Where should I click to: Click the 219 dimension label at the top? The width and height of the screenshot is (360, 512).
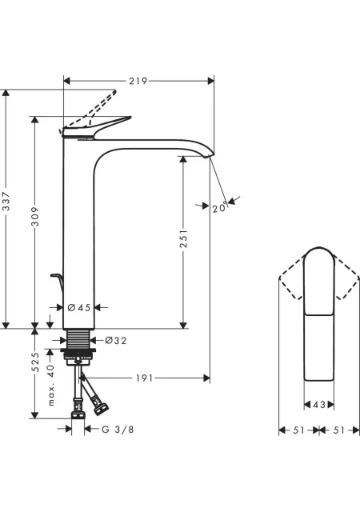click(138, 81)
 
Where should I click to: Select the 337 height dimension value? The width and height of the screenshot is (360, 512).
click(6, 202)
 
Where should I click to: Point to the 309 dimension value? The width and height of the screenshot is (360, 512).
click(35, 216)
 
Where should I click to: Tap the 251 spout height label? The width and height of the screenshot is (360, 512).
click(184, 238)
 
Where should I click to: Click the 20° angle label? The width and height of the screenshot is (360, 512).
click(219, 207)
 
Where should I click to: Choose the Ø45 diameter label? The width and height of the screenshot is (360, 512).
click(78, 307)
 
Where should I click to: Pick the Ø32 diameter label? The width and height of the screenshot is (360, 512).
click(116, 341)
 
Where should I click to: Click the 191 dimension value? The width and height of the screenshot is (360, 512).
click(144, 378)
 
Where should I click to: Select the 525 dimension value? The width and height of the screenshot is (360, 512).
click(35, 362)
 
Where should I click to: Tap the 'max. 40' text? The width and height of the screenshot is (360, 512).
click(51, 386)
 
